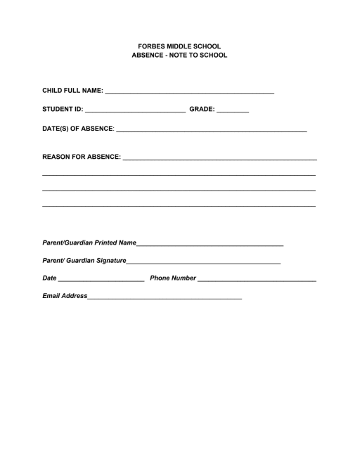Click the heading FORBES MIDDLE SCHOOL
pos(179,46)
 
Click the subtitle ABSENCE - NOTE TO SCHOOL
pos(179,55)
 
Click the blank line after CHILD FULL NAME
pos(189,93)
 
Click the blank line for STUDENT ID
pos(134,111)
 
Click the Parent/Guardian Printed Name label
pos(89,242)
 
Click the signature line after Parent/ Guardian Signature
pos(204,263)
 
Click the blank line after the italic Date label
pos(101,281)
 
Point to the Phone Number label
pos(173,279)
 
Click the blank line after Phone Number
pos(257,281)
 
